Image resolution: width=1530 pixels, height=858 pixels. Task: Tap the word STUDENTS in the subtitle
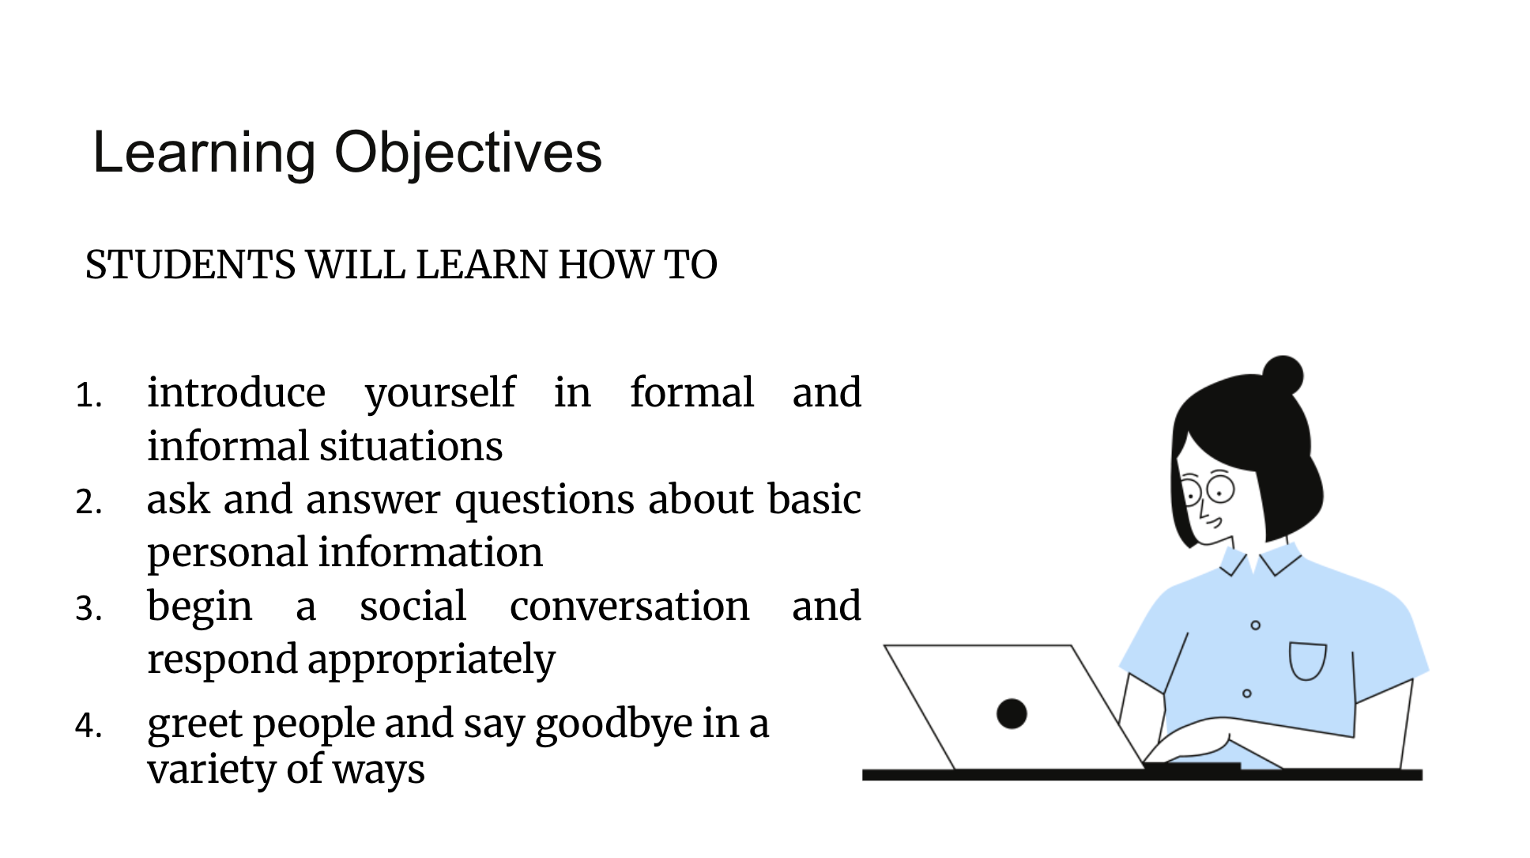190,265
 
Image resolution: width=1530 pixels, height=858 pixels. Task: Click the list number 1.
89,395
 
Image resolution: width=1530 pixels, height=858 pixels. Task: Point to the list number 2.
89,501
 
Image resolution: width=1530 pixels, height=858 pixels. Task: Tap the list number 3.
89,608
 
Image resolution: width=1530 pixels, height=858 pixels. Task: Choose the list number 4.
89,725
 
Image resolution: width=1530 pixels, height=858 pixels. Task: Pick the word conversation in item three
630,607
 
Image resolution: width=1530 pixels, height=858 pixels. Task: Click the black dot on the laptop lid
1012,713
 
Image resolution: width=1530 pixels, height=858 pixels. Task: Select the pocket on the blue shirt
1308,661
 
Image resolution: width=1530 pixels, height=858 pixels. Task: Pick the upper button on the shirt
1255,626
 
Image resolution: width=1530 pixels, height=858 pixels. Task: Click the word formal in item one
692,393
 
